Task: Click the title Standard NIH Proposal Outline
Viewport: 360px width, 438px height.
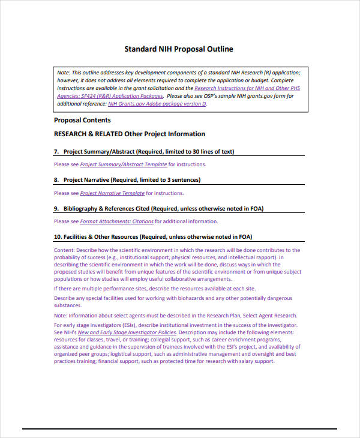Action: point(178,49)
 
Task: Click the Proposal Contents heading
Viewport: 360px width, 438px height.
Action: point(82,120)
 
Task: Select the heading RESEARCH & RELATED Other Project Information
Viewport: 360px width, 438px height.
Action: point(130,134)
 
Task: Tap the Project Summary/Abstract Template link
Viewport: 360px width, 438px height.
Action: point(124,164)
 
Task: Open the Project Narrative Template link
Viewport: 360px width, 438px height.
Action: point(112,193)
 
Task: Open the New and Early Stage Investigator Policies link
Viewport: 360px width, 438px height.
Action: point(127,332)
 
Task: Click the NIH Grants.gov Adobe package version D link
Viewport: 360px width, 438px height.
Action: point(157,104)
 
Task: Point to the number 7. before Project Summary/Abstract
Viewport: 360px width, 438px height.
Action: point(56,151)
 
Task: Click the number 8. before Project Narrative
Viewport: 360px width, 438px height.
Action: point(56,180)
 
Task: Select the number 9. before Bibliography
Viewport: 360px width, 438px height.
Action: point(56,209)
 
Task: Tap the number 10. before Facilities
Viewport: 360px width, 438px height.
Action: point(58,237)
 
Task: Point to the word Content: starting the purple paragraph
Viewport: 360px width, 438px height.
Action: point(65,250)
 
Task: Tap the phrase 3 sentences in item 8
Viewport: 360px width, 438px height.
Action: point(180,180)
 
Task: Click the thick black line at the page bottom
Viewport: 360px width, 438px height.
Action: point(180,428)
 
